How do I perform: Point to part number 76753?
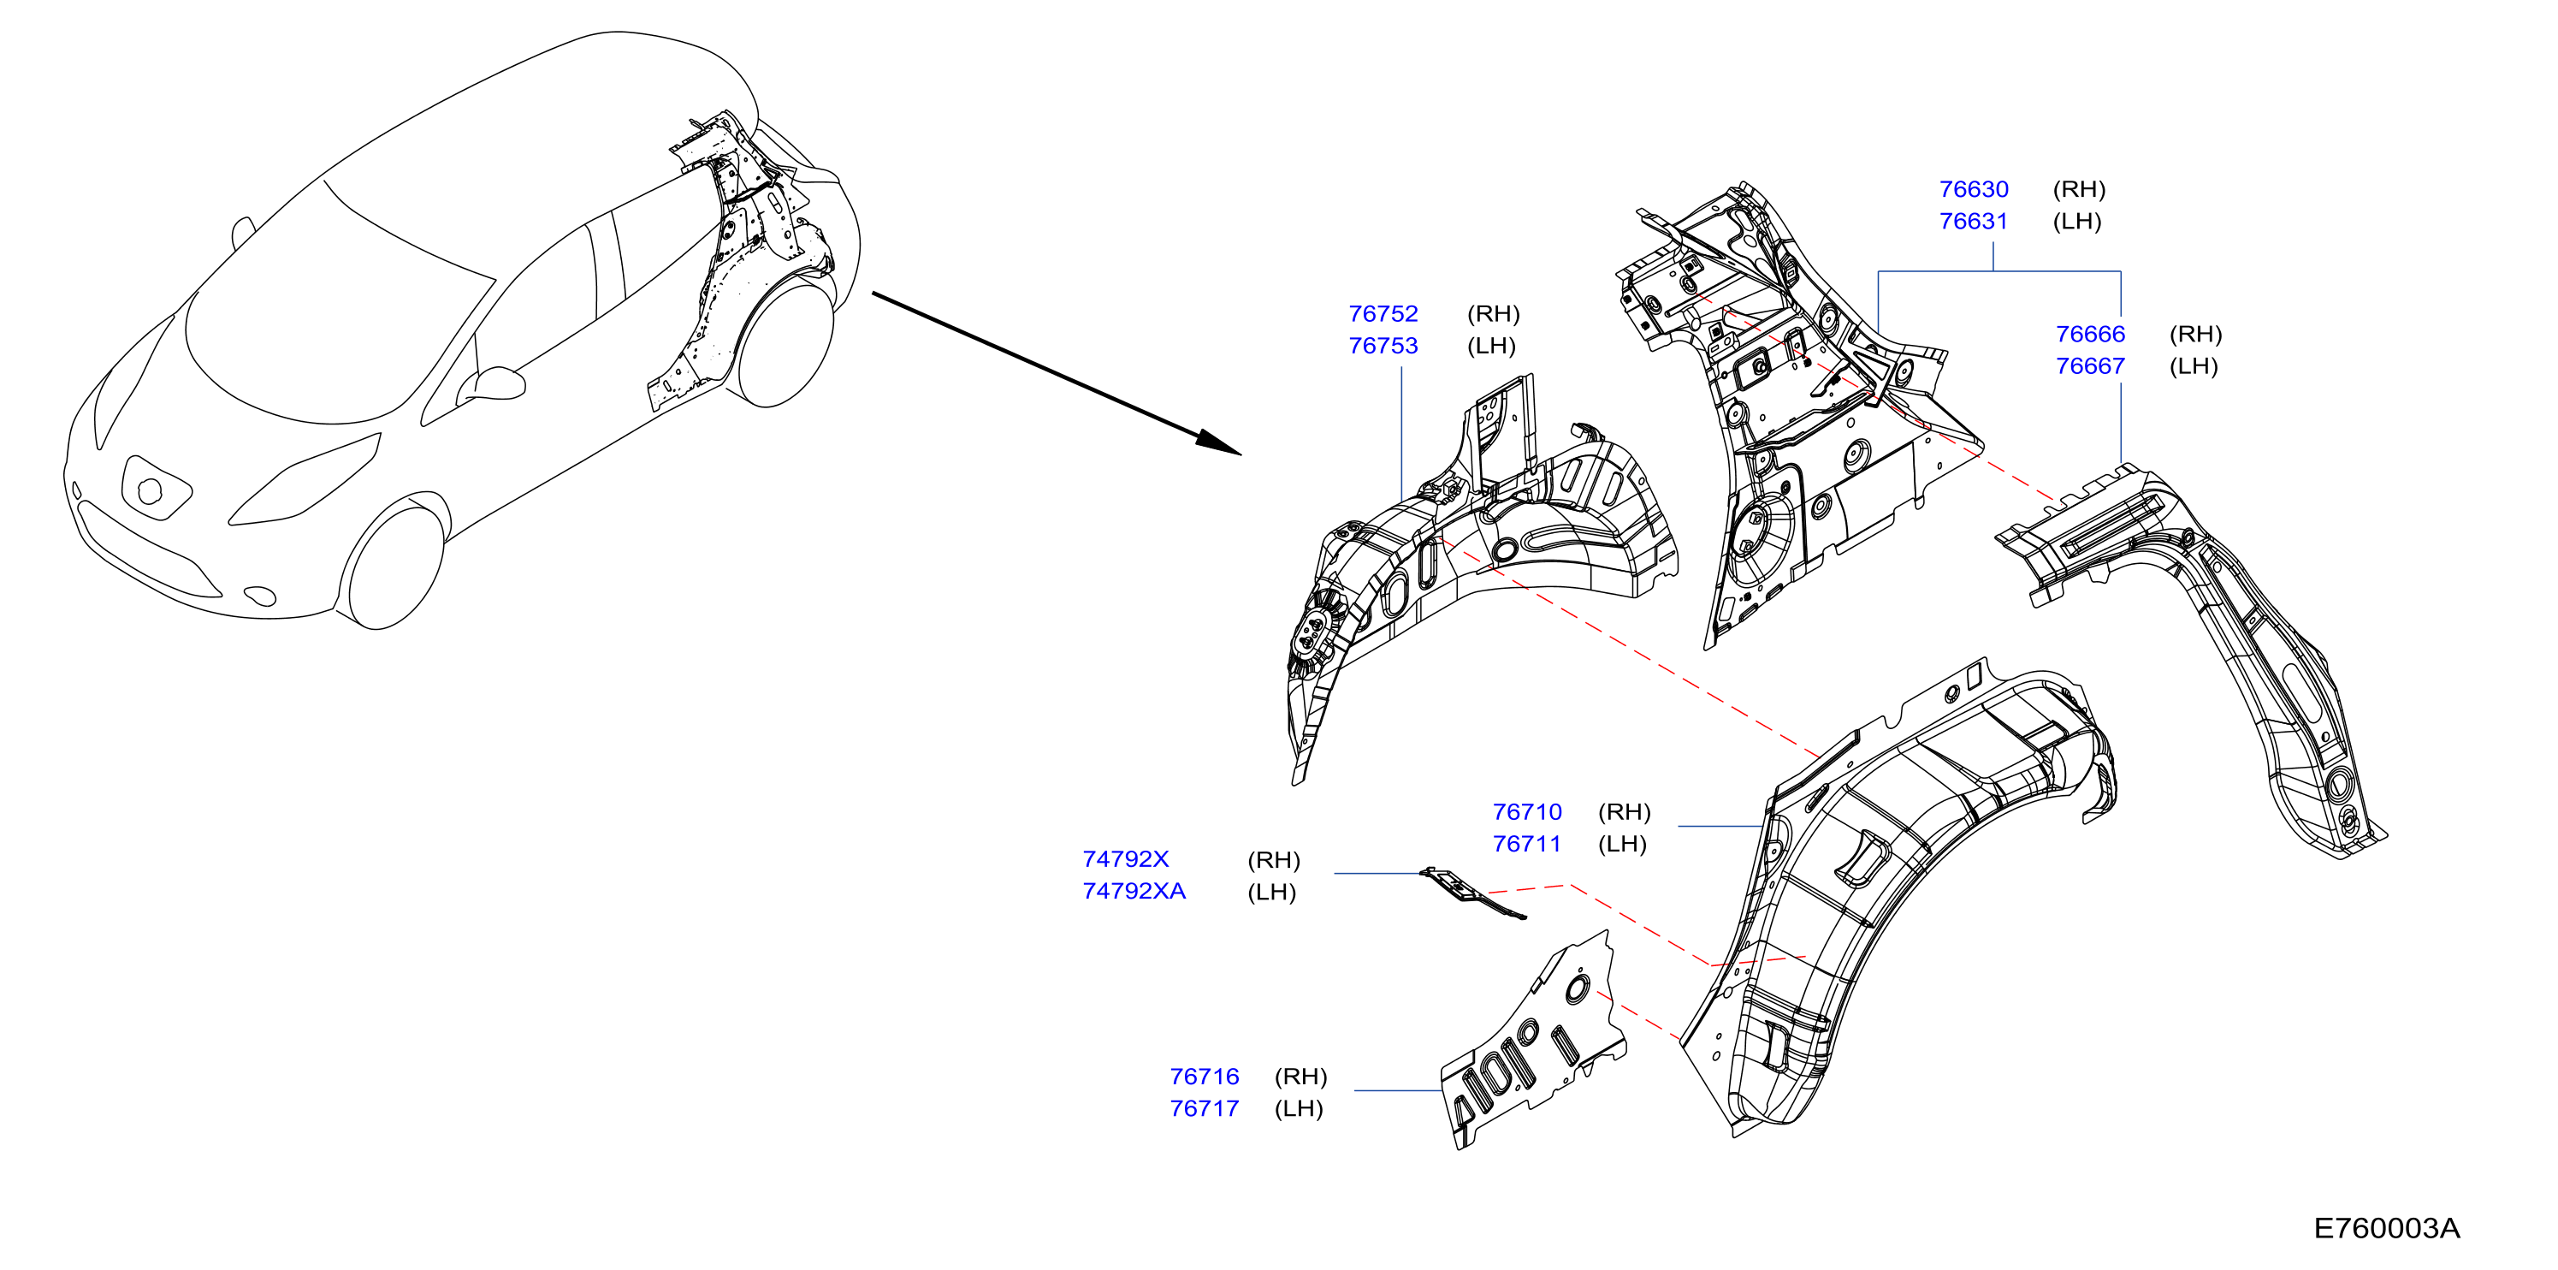(1383, 345)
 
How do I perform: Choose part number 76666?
(2089, 334)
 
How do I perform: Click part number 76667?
(2089, 365)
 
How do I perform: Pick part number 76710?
(1526, 811)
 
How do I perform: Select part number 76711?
(1526, 843)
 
